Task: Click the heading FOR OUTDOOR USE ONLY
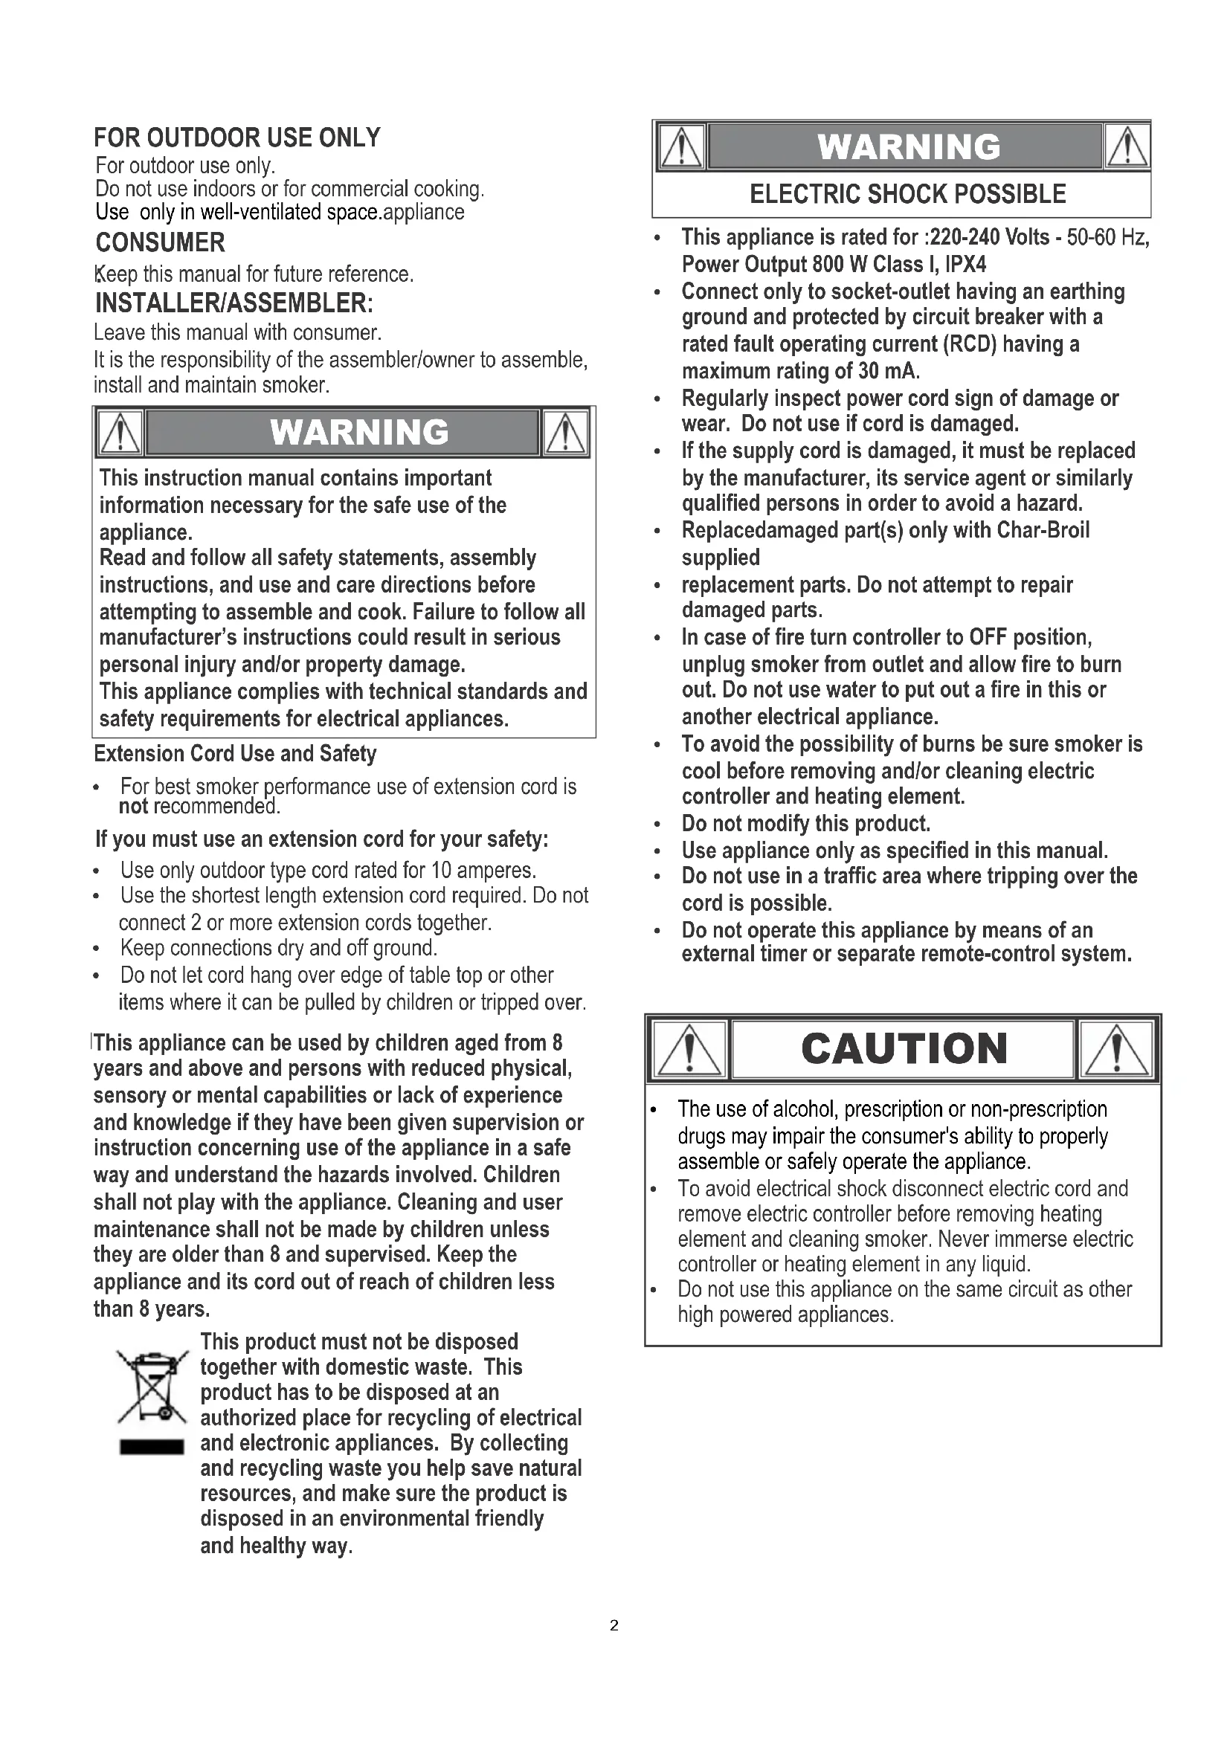[237, 138]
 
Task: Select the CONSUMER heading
[160, 242]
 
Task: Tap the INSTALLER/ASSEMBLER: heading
[234, 303]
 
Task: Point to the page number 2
[614, 1625]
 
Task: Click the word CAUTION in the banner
[904, 1049]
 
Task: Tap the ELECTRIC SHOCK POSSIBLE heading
[907, 195]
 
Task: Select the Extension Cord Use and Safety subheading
[235, 754]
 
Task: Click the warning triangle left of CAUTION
[689, 1049]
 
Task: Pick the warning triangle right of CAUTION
[1118, 1049]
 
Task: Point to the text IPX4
[965, 265]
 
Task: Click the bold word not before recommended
[133, 807]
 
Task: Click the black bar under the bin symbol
[152, 1448]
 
